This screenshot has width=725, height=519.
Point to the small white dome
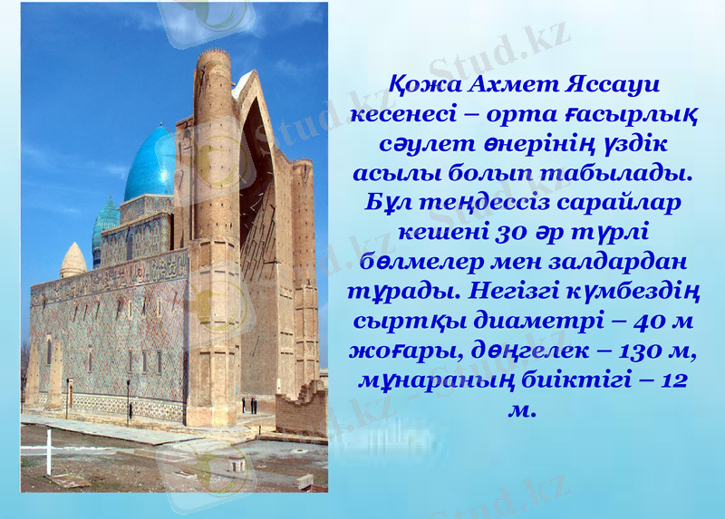73,260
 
